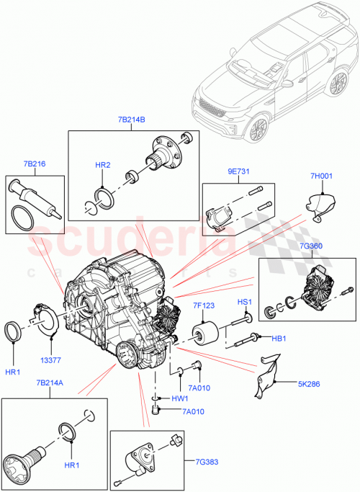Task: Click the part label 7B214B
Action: coord(132,120)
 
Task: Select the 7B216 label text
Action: coord(33,164)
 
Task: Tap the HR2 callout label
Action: coord(103,165)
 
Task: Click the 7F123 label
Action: coord(204,305)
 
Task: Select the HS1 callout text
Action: coord(245,300)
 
